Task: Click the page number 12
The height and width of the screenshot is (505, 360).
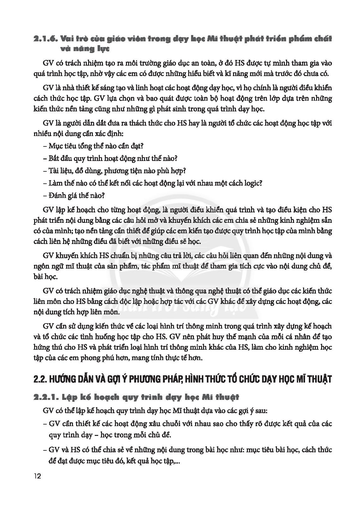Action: click(37, 476)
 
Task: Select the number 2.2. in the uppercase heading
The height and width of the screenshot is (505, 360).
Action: click(40, 379)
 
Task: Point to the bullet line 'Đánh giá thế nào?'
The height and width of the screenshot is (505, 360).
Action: click(74, 195)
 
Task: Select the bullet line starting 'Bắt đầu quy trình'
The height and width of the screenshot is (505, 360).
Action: click(110, 158)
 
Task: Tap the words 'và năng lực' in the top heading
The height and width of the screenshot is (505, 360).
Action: click(83, 49)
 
